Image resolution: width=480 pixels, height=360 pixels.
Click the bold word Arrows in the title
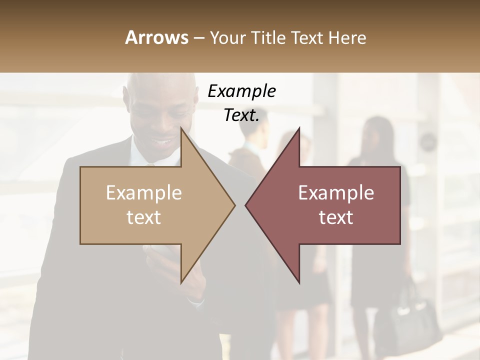coord(157,37)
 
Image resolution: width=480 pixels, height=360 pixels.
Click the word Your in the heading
coord(227,37)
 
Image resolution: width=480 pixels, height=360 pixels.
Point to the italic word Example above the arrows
coord(241,91)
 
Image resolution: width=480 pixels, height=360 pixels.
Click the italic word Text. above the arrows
coord(241,115)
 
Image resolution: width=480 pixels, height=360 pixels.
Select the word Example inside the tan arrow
coord(143,193)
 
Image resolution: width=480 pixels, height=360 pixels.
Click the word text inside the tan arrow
coord(143,217)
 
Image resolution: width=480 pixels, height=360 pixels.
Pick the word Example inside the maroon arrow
coord(336,193)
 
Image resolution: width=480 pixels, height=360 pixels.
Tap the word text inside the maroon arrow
coord(336,217)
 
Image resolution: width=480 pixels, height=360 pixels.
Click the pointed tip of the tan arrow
coord(234,205)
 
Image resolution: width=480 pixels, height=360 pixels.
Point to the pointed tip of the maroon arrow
coord(246,205)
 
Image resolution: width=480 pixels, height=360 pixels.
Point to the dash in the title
coord(198,38)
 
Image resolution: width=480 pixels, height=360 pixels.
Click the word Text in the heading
coord(307,37)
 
